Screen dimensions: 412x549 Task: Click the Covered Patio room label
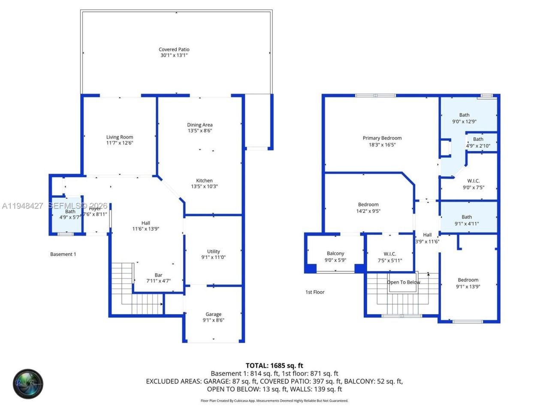coord(174,49)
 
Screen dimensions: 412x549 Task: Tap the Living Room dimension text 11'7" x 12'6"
coord(120,143)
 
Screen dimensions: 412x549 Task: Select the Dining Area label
coord(199,125)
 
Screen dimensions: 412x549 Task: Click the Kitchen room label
coord(204,181)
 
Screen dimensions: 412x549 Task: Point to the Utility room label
coord(213,251)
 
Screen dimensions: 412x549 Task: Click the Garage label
coord(213,314)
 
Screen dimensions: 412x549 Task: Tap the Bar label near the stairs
coord(158,275)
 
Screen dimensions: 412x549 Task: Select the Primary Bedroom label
coord(382,138)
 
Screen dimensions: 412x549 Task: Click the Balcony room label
coord(335,254)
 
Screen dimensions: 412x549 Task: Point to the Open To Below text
coord(403,282)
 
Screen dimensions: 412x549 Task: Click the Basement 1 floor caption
coord(63,254)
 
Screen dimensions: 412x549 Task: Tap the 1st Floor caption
coord(315,292)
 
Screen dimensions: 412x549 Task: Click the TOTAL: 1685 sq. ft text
coord(274,366)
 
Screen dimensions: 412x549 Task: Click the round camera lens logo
coord(28,383)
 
